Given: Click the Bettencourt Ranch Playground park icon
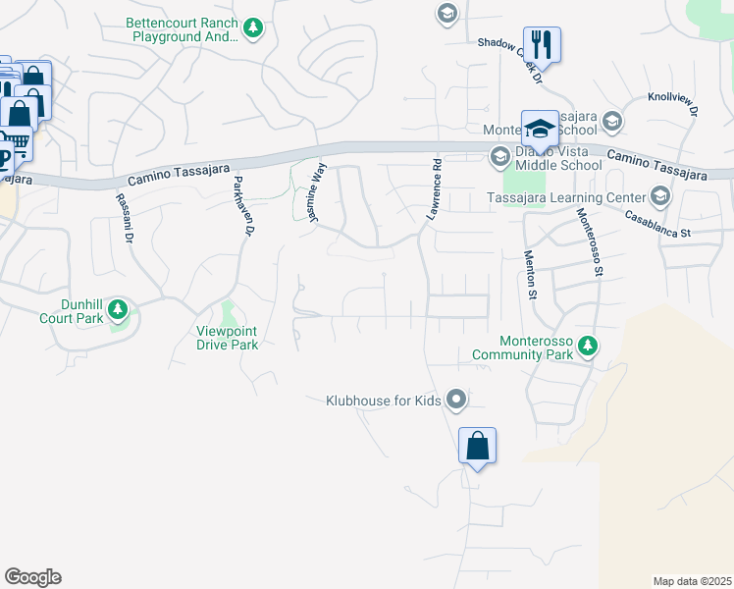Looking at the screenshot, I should [254, 27].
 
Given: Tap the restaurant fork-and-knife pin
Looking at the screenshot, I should [542, 44].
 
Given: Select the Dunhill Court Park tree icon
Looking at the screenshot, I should [119, 311].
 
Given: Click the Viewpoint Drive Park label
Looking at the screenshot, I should [228, 338].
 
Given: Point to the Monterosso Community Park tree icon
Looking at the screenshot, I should [588, 346].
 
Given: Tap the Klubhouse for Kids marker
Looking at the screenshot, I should [455, 400].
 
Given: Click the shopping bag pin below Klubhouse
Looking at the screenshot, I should [477, 446].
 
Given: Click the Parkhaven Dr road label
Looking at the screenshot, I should [242, 207].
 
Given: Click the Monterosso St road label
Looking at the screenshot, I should [588, 242].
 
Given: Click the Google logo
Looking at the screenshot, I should [33, 577].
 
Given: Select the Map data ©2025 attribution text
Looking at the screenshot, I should [692, 580].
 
